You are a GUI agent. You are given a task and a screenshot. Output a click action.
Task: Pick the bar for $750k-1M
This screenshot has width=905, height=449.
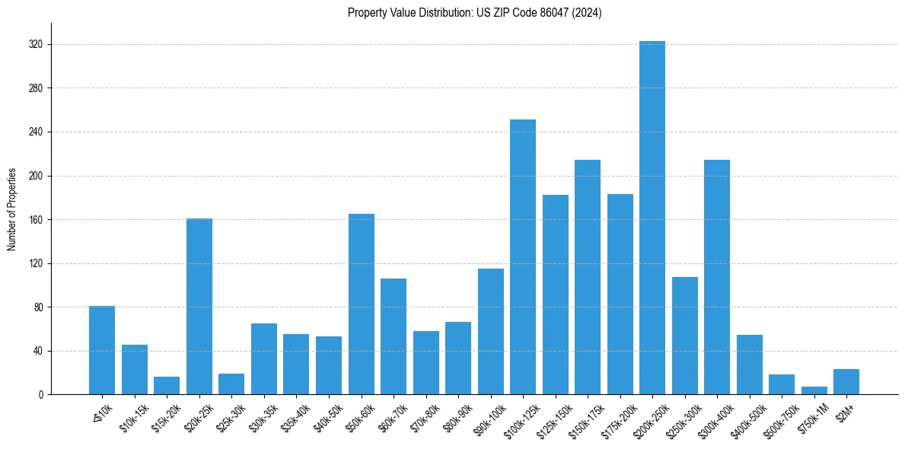tap(814, 390)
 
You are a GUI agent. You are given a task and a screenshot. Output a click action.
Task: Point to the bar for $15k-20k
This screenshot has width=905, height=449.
tap(167, 386)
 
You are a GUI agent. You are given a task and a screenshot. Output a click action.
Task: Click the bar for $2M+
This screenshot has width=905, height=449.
tap(846, 382)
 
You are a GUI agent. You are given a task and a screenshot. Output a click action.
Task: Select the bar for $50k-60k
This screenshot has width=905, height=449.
tap(361, 304)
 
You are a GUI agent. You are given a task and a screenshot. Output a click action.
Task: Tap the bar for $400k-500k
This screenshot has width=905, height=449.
tap(750, 365)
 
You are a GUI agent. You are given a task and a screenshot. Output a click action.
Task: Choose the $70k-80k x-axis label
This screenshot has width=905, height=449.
tap(423, 417)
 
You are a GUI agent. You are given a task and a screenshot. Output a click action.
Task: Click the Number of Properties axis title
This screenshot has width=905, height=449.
tap(12, 209)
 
